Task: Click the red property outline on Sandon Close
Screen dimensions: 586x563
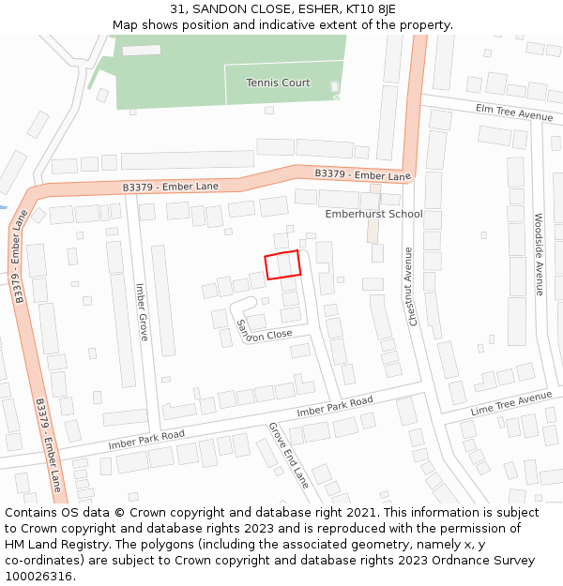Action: pyautogui.click(x=282, y=264)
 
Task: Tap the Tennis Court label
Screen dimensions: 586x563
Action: pyautogui.click(x=278, y=83)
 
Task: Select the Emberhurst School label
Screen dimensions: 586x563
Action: pyautogui.click(x=373, y=214)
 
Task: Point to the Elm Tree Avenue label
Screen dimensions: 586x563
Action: pyautogui.click(x=514, y=113)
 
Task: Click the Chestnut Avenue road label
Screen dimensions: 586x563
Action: pyautogui.click(x=410, y=286)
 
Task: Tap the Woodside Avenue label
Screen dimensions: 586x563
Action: pyautogui.click(x=539, y=254)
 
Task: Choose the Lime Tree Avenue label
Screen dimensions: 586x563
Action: pyautogui.click(x=511, y=403)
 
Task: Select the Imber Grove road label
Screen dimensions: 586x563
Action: pyautogui.click(x=142, y=311)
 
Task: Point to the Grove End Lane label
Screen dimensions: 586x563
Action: pyautogui.click(x=289, y=455)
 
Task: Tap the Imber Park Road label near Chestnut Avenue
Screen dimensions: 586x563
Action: pyautogui.click(x=335, y=407)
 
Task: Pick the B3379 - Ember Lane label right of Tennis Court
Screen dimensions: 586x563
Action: pyautogui.click(x=362, y=174)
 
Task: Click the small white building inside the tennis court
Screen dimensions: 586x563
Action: pyautogui.click(x=334, y=87)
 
